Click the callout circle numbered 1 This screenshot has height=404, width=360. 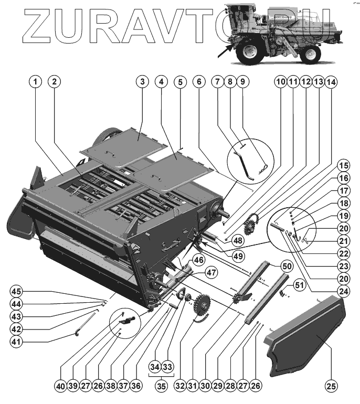pos(35,82)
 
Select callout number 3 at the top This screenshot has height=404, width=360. pos(142,82)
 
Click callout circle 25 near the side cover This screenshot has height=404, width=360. pos(331,387)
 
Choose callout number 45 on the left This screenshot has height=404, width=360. pos(17,292)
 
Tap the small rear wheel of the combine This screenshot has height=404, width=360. pos(311,53)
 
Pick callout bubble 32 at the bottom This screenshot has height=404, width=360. pos(180,387)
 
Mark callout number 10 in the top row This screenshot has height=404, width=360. pos(280,82)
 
